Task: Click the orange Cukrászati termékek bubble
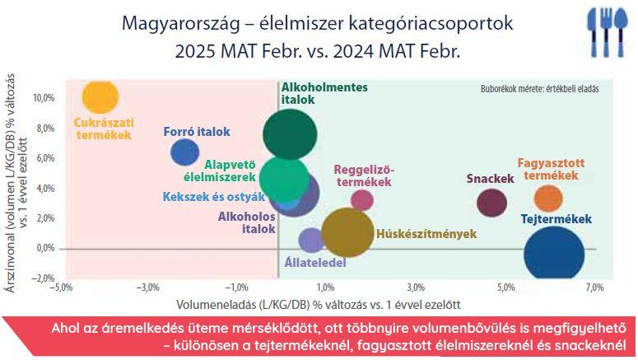pos(100,96)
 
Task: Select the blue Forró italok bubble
pos(184,152)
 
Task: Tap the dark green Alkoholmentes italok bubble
pos(290,134)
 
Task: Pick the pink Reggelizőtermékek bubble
pos(362,200)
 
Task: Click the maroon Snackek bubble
pos(492,203)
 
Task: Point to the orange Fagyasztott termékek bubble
pos(548,199)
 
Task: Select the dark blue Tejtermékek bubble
pos(554,253)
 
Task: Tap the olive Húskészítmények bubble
pos(347,232)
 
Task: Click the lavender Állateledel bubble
pos(311,241)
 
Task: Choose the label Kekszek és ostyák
pos(213,197)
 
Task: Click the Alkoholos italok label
pos(247,222)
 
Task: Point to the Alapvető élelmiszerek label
pos(220,171)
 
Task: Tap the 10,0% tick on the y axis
pos(44,98)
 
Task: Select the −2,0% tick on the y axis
pos(43,278)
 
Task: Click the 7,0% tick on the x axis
pos(594,288)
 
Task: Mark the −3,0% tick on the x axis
pos(147,288)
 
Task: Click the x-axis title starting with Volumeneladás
pos(319,305)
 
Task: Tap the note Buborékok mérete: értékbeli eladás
pos(539,89)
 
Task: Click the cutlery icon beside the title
pos(607,33)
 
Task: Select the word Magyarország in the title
pos(180,23)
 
